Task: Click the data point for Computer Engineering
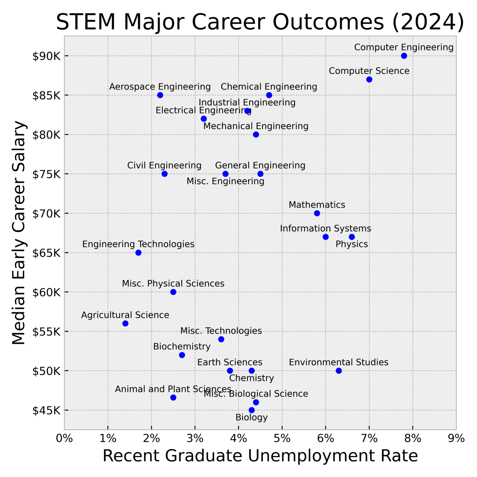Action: [x=404, y=56]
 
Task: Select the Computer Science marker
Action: [x=369, y=79]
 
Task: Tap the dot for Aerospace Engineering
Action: [x=160, y=95]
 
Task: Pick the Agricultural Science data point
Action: [x=125, y=323]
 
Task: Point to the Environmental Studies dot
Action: [x=339, y=370]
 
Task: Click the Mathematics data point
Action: [x=317, y=213]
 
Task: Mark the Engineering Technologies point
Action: [x=139, y=252]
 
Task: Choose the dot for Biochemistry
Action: [x=182, y=355]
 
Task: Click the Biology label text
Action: [x=252, y=417]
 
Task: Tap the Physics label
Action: [x=352, y=244]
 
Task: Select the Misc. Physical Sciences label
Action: [x=173, y=284]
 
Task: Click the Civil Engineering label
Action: [x=164, y=166]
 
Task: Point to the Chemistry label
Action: [x=252, y=378]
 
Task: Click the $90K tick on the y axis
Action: [x=46, y=56]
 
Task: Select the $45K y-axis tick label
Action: [x=46, y=410]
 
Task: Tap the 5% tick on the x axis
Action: [x=282, y=438]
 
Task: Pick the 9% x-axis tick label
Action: [x=456, y=438]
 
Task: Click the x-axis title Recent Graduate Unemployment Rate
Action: [x=260, y=456]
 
